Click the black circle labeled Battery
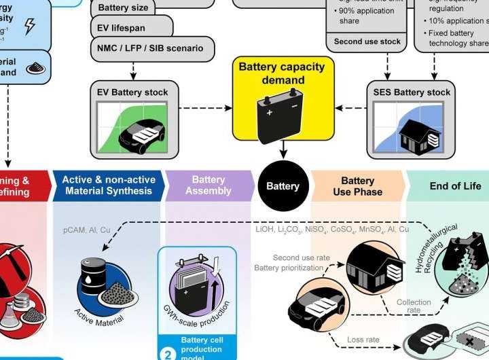click(x=283, y=186)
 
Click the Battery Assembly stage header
click(x=208, y=185)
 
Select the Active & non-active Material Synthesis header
click(x=109, y=185)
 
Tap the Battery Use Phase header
click(x=357, y=186)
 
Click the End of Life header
click(x=455, y=186)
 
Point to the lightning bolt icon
click(x=30, y=26)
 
